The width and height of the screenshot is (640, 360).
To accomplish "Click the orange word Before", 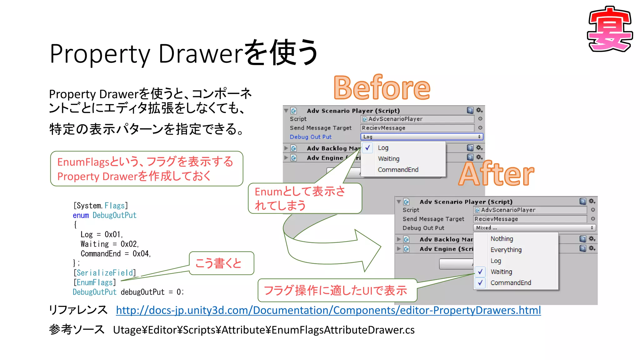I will tap(382, 88).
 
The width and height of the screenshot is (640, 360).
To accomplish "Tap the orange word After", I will tap(496, 174).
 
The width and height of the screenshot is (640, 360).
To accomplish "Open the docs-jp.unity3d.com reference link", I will tap(328, 310).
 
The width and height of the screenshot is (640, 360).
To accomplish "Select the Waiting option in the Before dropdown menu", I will tap(388, 159).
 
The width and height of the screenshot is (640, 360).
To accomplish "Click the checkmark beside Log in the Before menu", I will tap(368, 148).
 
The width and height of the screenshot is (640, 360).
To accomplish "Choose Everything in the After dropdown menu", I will tap(506, 250).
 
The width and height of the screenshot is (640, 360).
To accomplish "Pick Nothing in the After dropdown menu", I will tap(502, 239).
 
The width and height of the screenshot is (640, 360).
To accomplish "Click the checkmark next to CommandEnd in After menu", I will tap(480, 283).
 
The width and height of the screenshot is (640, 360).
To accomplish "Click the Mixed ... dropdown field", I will tap(534, 228).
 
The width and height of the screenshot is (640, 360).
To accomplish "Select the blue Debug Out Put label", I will tap(311, 137).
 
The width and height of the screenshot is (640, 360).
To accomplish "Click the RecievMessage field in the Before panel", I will tap(417, 128).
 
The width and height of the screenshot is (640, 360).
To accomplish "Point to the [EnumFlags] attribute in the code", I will tap(95, 282).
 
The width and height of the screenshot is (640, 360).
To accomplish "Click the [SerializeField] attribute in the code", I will tap(105, 273).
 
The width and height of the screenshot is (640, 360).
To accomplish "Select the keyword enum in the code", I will tap(81, 215).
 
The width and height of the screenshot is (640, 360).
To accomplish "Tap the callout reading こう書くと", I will tap(221, 263).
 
